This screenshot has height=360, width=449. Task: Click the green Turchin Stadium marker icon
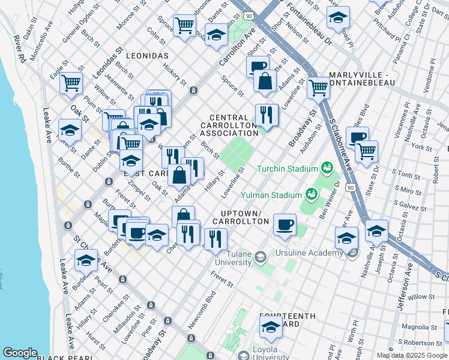point(327,167)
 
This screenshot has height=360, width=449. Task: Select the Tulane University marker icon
point(260,257)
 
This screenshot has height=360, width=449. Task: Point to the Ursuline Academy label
point(309,253)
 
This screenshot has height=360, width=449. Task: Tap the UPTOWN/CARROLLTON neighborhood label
point(245,217)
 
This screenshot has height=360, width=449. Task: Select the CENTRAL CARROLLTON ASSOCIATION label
point(229,125)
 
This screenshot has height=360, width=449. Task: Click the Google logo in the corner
point(20,353)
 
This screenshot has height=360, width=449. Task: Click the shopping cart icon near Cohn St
point(184,25)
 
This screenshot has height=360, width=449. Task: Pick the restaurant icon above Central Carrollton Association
point(267,114)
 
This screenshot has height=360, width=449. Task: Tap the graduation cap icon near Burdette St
point(86,260)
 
